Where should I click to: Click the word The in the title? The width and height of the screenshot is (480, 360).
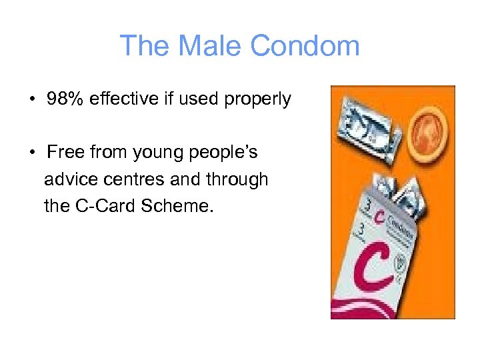tap(141, 46)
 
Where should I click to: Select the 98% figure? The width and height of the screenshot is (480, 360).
tap(65, 99)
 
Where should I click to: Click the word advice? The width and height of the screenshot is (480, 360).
tap(70, 179)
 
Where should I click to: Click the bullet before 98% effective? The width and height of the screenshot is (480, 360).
tap(32, 100)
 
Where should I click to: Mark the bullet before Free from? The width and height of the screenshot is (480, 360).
tap(32, 153)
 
